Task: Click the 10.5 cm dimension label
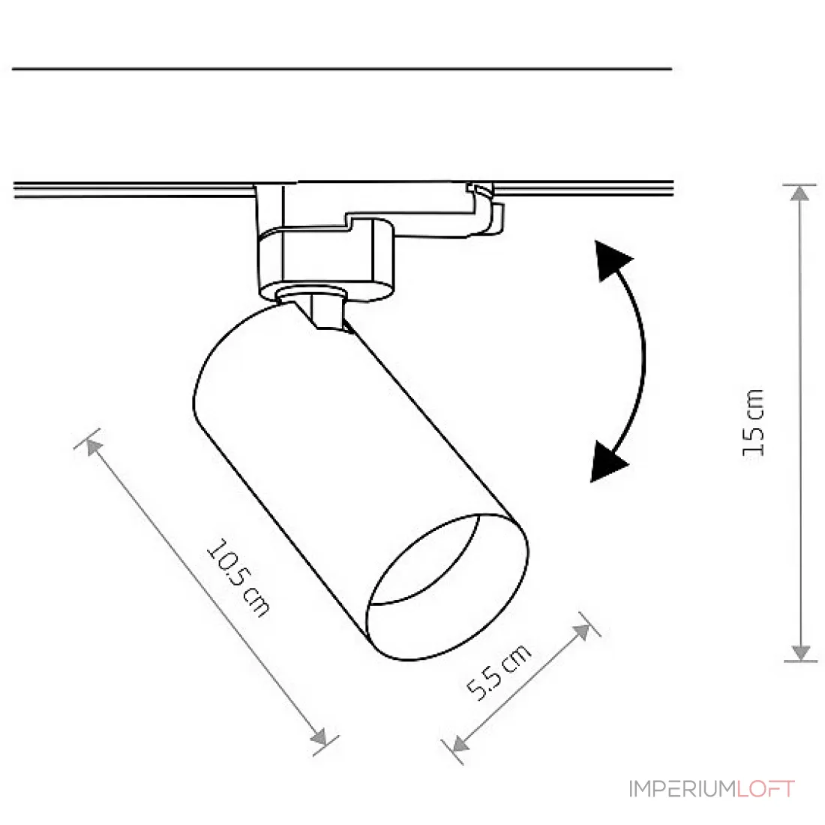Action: pyautogui.click(x=238, y=577)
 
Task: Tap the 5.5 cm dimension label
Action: pyautogui.click(x=499, y=672)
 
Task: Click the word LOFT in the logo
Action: pyautogui.click(x=766, y=789)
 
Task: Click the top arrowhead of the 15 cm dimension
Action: pyautogui.click(x=799, y=193)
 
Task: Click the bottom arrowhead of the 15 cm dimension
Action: pyautogui.click(x=800, y=652)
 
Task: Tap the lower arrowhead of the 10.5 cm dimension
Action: pyautogui.click(x=319, y=737)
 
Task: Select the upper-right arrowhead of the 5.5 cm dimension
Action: pyautogui.click(x=582, y=631)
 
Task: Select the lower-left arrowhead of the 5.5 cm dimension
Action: pyautogui.click(x=460, y=743)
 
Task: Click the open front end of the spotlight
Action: pyautogui.click(x=447, y=586)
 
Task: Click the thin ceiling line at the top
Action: pyautogui.click(x=342, y=68)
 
